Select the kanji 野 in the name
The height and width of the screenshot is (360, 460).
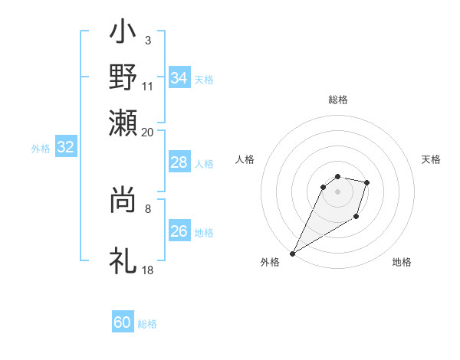[123, 77]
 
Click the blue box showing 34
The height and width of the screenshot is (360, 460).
[179, 78]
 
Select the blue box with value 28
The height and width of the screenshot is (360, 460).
[179, 162]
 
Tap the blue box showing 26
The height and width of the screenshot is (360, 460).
[179, 231]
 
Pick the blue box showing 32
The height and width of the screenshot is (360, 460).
[65, 148]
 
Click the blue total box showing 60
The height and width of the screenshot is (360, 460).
[123, 322]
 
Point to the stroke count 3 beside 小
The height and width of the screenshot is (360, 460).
[147, 39]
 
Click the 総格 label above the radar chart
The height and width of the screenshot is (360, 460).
[337, 100]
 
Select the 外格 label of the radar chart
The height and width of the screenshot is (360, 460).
[270, 262]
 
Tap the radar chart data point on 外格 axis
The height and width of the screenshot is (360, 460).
[292, 254]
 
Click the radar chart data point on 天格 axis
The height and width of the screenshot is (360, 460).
[367, 182]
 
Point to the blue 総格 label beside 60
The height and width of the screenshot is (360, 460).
[147, 324]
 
